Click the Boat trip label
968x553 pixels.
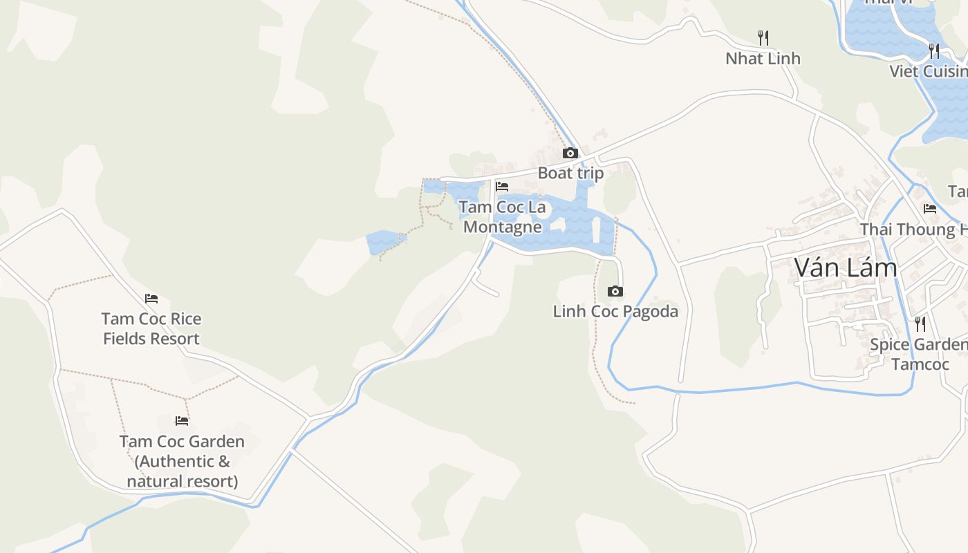570,173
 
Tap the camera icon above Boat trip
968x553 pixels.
570,153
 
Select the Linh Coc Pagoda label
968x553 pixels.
615,311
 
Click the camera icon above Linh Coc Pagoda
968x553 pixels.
615,291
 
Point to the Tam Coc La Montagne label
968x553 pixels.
502,216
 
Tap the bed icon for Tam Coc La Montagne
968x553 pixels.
502,187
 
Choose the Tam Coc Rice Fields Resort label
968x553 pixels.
151,328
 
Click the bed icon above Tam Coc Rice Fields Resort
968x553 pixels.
151,299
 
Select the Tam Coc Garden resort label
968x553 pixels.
182,461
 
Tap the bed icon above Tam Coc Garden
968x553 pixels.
182,420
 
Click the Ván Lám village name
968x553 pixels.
845,268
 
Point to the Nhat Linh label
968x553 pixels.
763,59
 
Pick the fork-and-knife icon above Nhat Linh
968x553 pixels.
763,37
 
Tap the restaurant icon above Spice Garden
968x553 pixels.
920,324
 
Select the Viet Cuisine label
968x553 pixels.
929,71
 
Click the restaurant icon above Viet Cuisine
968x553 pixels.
933,50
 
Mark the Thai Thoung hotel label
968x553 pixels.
913,229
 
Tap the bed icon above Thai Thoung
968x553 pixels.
929,208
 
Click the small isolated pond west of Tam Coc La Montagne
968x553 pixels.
382,242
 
